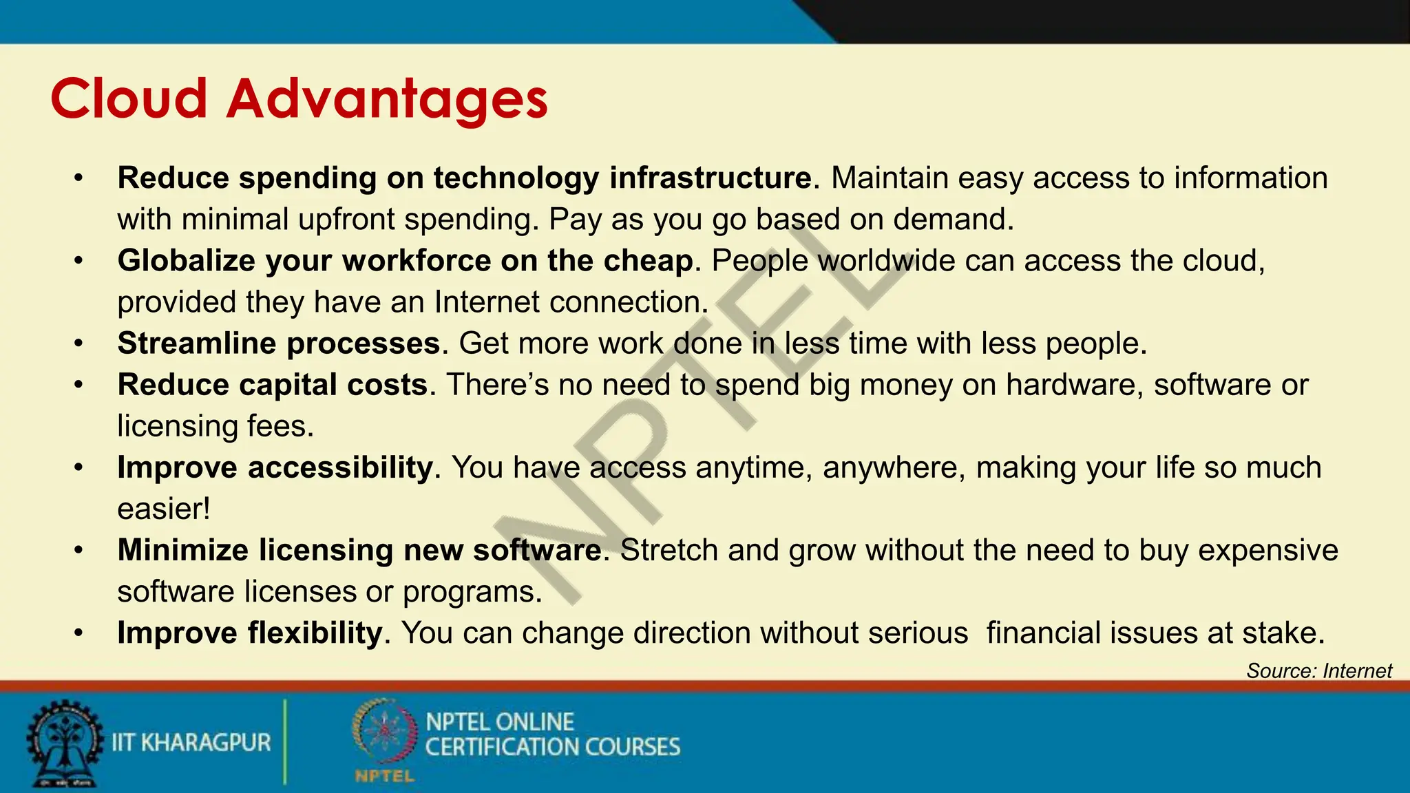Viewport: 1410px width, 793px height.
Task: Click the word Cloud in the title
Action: click(x=129, y=98)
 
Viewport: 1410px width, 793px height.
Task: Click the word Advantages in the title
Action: click(x=387, y=98)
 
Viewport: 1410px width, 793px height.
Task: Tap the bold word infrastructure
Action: click(x=711, y=178)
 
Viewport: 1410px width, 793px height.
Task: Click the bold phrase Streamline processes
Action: click(x=279, y=343)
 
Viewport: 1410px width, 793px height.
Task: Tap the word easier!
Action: click(x=164, y=509)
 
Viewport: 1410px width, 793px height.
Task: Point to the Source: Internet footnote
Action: click(x=1318, y=670)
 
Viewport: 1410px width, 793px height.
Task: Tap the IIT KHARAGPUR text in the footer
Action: click(x=191, y=743)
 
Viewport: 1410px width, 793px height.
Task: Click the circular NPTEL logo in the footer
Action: click(x=384, y=732)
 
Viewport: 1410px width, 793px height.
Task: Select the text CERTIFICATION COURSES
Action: click(x=552, y=748)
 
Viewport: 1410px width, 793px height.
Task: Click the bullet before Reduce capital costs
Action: click(x=79, y=385)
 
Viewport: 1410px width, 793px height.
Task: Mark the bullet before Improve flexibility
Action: click(x=79, y=633)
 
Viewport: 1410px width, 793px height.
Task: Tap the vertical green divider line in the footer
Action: click(x=284, y=742)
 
